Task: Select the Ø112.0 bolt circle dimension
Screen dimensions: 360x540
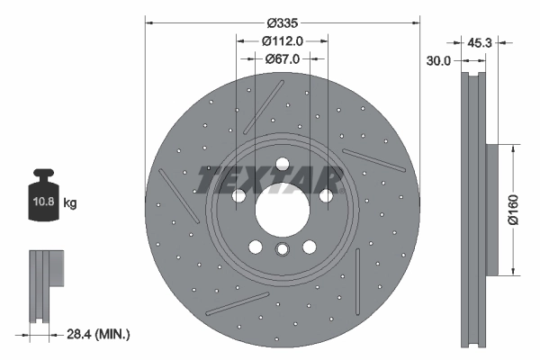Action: tap(283, 40)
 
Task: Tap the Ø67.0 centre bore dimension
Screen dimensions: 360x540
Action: tap(283, 58)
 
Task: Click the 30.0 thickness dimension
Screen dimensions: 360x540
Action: tap(439, 60)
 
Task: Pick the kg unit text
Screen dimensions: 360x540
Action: tap(70, 203)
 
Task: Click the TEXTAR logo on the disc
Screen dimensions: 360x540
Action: tap(269, 180)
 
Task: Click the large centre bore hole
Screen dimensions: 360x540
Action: tap(283, 210)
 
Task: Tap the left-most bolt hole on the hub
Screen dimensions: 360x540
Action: tap(239, 195)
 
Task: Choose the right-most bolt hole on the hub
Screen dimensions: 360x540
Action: tap(326, 195)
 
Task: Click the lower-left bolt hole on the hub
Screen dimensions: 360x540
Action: tap(256, 246)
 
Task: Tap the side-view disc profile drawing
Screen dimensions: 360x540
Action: tap(472, 210)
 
